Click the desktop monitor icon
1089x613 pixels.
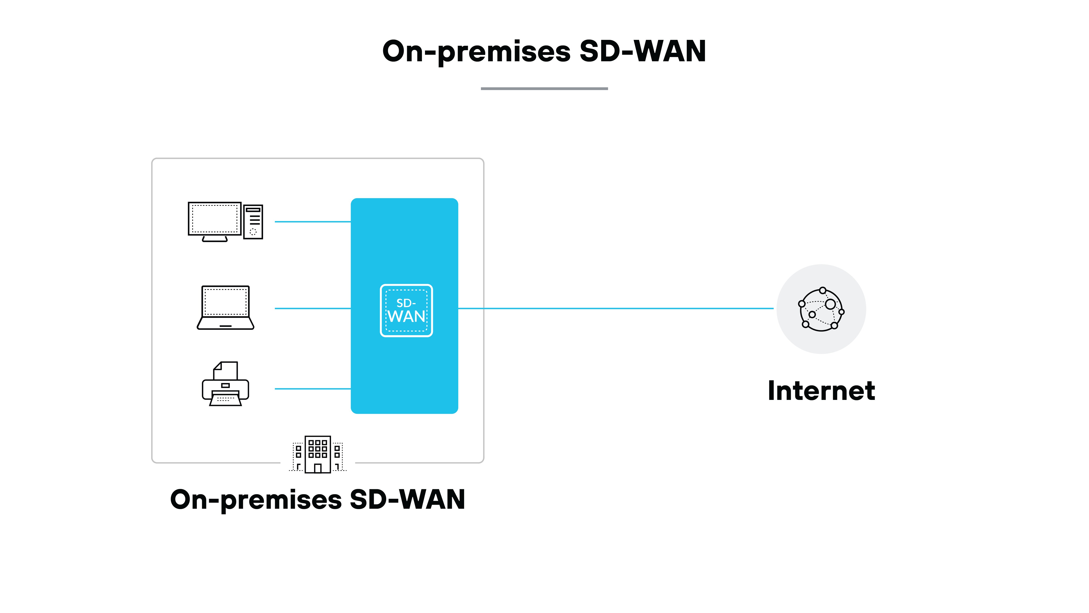tap(215, 219)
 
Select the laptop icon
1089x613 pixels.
tap(225, 307)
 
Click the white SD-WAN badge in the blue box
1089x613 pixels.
tap(406, 311)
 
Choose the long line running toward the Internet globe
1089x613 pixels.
tap(616, 308)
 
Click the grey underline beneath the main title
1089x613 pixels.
tap(544, 88)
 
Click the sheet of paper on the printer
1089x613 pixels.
tap(226, 371)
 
